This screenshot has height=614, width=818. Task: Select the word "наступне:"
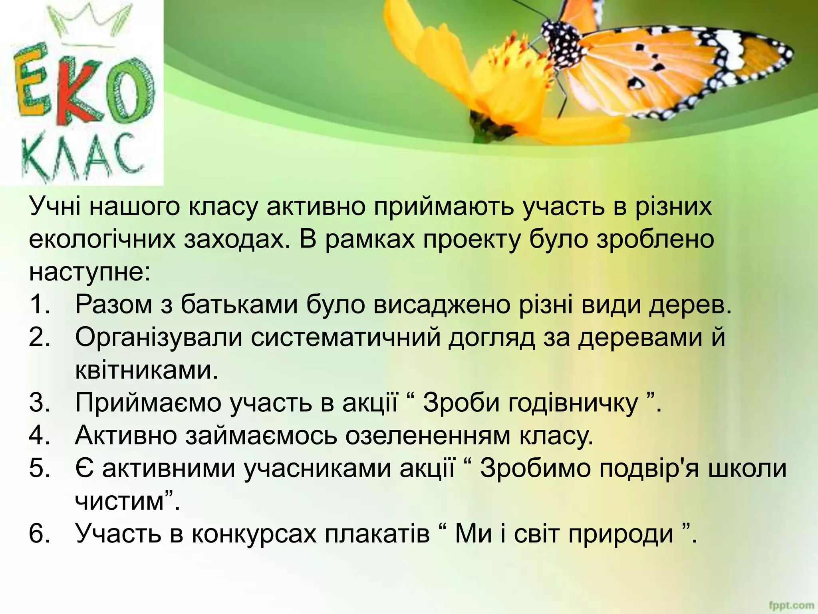pyautogui.click(x=89, y=273)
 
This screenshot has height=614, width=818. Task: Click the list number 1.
pyautogui.click(x=39, y=305)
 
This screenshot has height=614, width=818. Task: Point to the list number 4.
pyautogui.click(x=39, y=435)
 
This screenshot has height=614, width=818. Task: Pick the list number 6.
pyautogui.click(x=39, y=533)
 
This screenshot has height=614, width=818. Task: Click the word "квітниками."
pyautogui.click(x=147, y=370)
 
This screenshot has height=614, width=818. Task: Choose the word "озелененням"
pyautogui.click(x=427, y=435)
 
